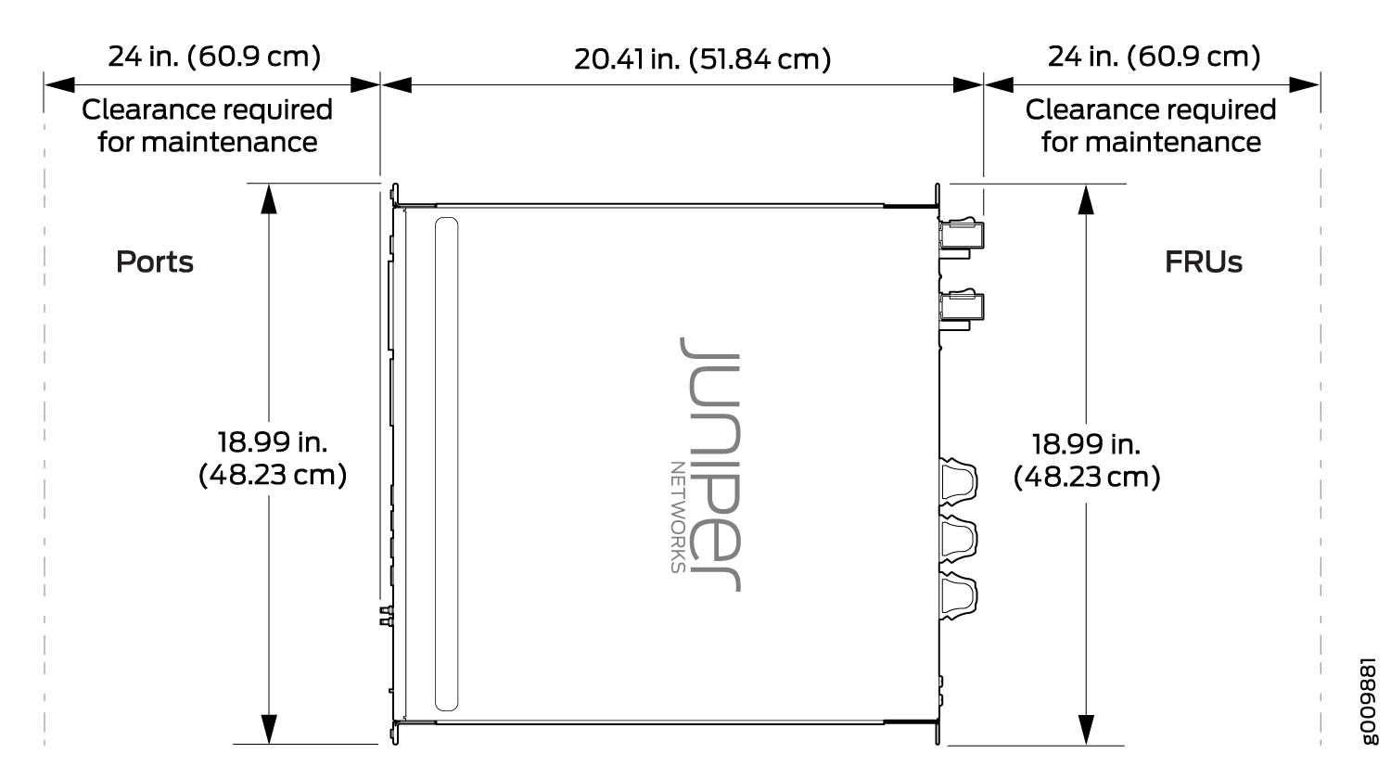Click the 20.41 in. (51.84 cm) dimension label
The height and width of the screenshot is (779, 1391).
tap(702, 59)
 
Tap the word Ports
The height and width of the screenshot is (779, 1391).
tap(155, 262)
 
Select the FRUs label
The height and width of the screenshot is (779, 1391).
tap(1204, 262)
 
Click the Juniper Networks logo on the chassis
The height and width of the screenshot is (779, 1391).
tap(707, 464)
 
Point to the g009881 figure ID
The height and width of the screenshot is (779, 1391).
tap(1370, 701)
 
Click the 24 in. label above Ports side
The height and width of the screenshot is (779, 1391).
tap(214, 57)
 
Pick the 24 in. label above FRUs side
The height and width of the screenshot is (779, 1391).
tap(1154, 57)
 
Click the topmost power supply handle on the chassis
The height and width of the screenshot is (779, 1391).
tap(962, 236)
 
